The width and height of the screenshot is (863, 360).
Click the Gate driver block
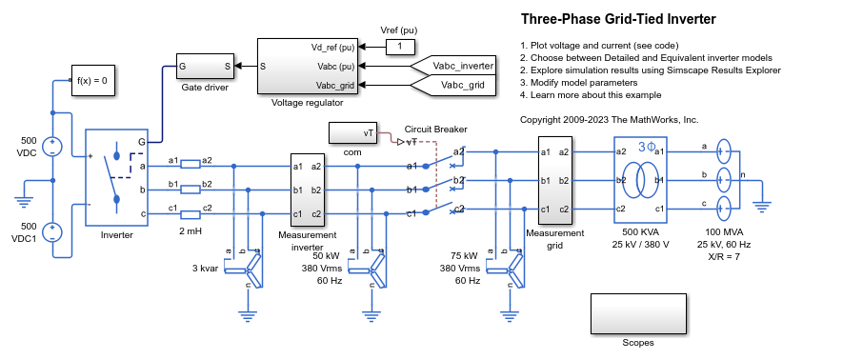coord(206,67)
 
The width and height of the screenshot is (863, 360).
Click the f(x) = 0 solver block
coord(92,81)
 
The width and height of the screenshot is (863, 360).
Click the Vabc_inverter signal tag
coord(457,67)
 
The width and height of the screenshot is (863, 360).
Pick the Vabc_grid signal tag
coord(457,85)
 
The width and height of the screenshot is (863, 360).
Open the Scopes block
coord(637,313)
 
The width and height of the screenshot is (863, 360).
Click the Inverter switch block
coord(117,177)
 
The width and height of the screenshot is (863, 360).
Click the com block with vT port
coord(353,133)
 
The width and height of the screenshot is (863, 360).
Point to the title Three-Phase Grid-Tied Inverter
coord(618,19)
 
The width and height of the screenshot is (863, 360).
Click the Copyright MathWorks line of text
coord(610,120)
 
